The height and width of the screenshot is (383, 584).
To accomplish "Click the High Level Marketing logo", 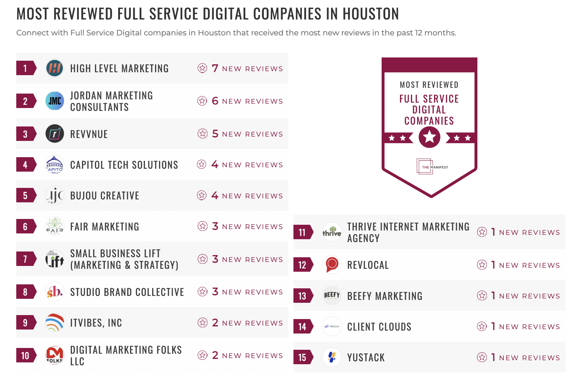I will [x=55, y=68].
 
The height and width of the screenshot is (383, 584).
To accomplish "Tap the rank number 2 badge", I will [x=25, y=101].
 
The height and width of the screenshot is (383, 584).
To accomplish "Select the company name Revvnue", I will [x=89, y=134].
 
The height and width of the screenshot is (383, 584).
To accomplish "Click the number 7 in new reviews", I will [x=215, y=68].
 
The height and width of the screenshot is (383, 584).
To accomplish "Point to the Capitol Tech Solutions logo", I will [x=55, y=165].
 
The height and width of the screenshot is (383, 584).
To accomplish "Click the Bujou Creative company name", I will [x=104, y=196].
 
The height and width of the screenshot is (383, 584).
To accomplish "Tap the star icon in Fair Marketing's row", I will [x=202, y=227].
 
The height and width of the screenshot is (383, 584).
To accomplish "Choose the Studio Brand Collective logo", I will [x=55, y=292].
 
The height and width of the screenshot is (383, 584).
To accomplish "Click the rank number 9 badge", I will [x=25, y=323].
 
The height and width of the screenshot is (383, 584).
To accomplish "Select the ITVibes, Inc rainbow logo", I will [x=55, y=323].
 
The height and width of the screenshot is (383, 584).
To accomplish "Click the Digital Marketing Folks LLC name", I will [x=126, y=356].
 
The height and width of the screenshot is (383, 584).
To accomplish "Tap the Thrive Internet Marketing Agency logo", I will [x=332, y=232].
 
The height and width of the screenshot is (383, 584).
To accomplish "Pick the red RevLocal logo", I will [x=332, y=265].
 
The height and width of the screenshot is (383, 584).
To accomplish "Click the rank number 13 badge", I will [x=302, y=296].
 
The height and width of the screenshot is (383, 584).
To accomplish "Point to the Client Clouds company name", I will [x=379, y=327].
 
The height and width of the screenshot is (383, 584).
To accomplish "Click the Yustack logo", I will [x=332, y=357].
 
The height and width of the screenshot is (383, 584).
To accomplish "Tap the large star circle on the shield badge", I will [x=429, y=137].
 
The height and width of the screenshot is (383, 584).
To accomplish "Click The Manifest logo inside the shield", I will [x=432, y=167].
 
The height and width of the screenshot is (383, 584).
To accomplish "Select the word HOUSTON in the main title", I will [x=370, y=14].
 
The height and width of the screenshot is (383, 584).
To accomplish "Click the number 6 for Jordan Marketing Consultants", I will [x=215, y=101].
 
